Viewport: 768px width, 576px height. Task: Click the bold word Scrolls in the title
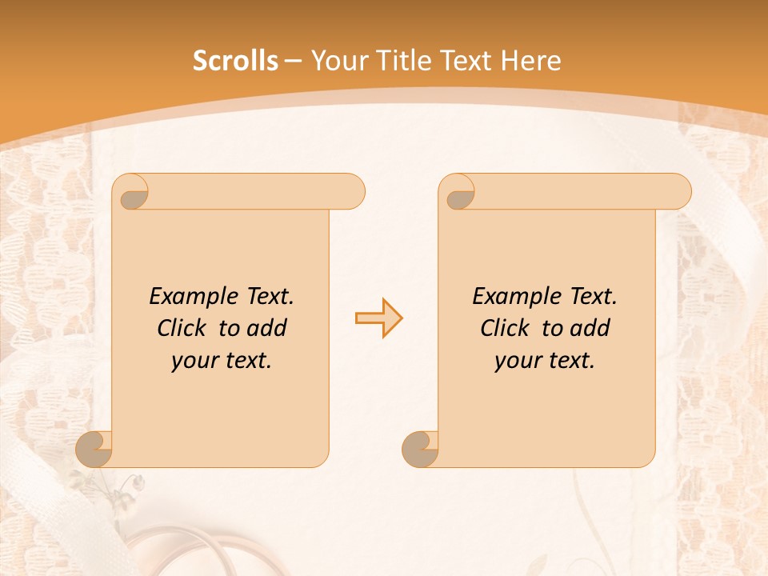tap(235, 61)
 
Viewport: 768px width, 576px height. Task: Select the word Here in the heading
tap(530, 61)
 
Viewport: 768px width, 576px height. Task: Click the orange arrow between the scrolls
tap(378, 318)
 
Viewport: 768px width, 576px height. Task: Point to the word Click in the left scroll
tap(184, 328)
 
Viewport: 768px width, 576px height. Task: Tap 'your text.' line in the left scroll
tap(222, 361)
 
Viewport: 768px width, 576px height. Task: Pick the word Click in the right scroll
tap(507, 328)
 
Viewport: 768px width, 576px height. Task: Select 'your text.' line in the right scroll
tap(545, 361)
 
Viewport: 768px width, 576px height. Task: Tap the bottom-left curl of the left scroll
tap(94, 449)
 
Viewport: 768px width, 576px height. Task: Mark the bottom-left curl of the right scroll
tap(421, 449)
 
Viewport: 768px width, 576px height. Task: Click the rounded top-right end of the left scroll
tap(353, 191)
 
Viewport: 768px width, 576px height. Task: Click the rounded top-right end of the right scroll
tap(679, 191)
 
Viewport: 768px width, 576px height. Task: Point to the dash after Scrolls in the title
tap(293, 62)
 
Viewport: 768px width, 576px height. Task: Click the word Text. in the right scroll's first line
tap(593, 297)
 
